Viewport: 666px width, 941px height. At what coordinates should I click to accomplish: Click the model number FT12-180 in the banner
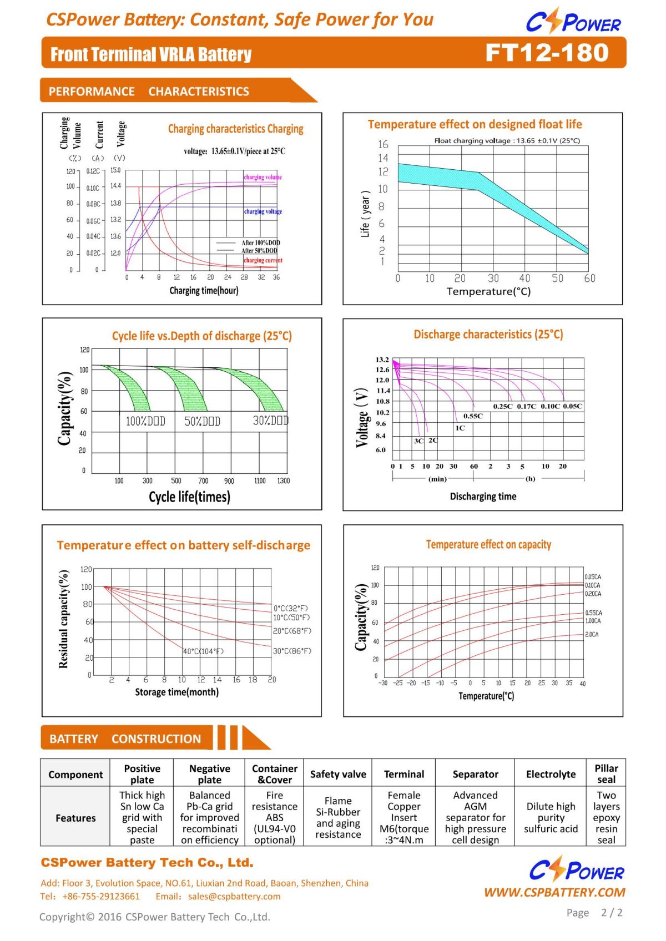tap(547, 53)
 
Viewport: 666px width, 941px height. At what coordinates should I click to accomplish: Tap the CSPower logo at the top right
tap(573, 21)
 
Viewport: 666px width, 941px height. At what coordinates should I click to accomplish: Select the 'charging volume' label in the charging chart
tap(263, 177)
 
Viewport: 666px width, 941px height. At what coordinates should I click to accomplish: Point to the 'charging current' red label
tap(263, 260)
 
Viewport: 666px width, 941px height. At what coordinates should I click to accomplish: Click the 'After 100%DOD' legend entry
tap(260, 243)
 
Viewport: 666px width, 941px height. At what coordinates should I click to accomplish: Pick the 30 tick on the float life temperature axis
tap(493, 278)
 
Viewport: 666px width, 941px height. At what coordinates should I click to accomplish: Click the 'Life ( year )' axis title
tap(365, 214)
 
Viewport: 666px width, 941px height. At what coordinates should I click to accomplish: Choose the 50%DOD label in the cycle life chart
tap(202, 421)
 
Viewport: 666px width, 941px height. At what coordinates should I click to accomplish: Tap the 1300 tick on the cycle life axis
tap(283, 480)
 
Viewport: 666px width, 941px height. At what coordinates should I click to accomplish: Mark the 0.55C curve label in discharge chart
tap(473, 416)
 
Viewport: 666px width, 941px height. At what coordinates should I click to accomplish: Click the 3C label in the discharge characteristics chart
tap(418, 441)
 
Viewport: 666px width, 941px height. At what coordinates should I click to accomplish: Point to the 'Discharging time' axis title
tap(483, 496)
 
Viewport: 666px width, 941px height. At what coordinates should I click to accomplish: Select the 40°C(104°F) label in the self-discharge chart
tap(203, 651)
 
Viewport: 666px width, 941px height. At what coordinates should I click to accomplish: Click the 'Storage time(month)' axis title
tap(176, 692)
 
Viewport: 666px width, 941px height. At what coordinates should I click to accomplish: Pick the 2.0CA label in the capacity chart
tap(592, 634)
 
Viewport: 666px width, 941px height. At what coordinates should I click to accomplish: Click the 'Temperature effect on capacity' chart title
tap(488, 544)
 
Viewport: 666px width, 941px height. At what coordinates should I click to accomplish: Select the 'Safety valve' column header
tap(338, 774)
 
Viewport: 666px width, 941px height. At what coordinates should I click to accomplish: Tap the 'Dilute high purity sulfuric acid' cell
tap(551, 817)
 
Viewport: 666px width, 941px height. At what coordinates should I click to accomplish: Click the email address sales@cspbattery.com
tap(234, 897)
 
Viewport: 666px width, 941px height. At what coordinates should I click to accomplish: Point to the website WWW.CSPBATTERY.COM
tap(554, 892)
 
